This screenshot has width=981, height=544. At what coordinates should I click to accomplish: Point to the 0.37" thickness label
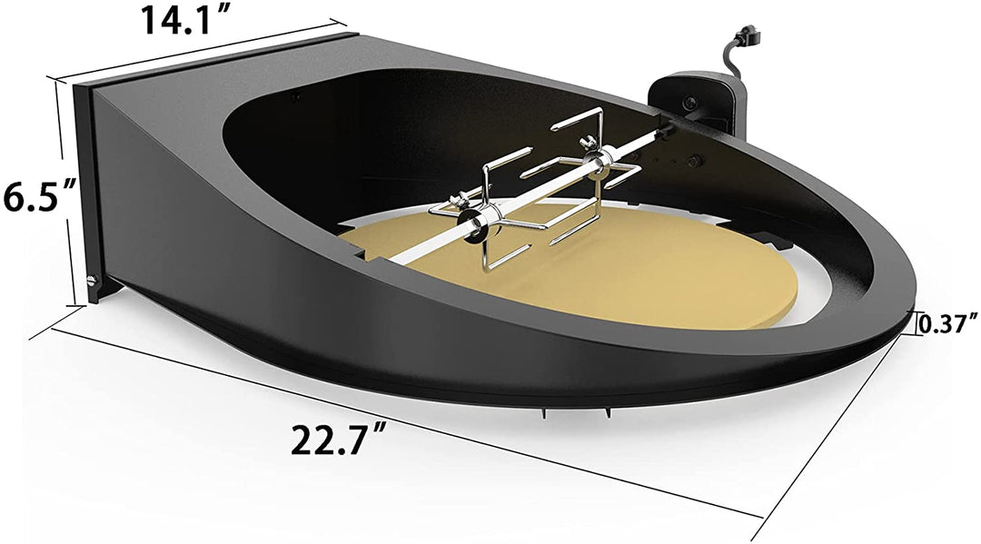tap(948, 321)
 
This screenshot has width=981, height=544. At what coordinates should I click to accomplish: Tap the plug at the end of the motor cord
tap(748, 37)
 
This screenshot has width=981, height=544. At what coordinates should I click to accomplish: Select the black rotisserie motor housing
tap(699, 100)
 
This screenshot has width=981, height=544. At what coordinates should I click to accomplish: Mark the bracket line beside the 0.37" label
tap(911, 322)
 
